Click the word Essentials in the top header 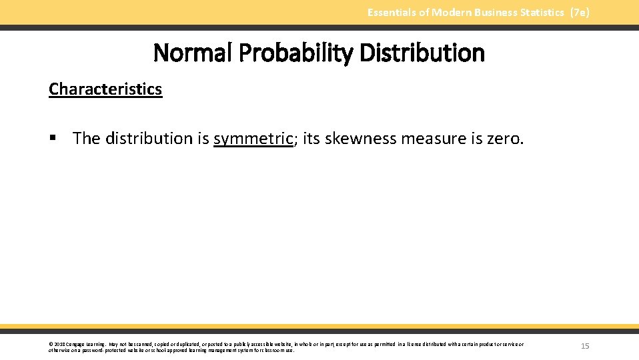[x=392, y=13]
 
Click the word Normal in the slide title [x=191, y=53]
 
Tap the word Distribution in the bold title [x=422, y=53]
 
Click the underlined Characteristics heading [x=105, y=89]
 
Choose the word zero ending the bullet [x=506, y=139]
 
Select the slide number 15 [x=585, y=346]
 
